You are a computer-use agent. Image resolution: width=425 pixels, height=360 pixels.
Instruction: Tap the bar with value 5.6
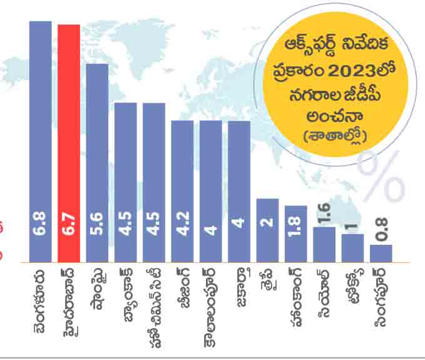[x=97, y=162]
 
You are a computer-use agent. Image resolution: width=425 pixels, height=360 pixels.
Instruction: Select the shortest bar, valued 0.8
[x=381, y=253]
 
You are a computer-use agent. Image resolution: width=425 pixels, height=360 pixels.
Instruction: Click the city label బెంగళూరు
[x=39, y=300]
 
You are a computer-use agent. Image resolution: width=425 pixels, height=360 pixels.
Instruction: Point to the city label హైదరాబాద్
[x=68, y=301]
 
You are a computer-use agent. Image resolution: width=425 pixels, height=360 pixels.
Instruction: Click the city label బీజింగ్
[x=182, y=291]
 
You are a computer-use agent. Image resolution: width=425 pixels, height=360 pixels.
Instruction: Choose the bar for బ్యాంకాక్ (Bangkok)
[x=125, y=182]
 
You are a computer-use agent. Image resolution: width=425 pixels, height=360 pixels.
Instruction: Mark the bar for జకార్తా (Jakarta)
[x=239, y=191]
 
